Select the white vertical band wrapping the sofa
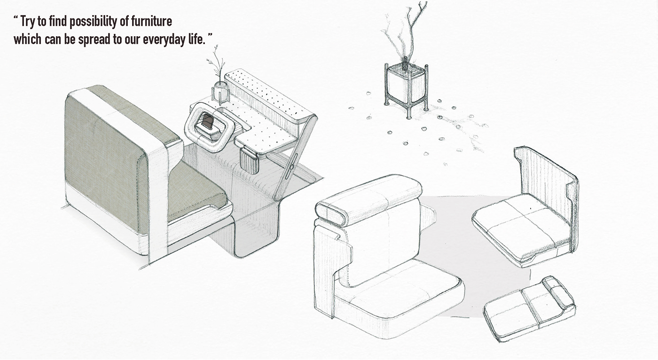157,197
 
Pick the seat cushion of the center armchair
399,294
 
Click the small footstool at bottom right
529,308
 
